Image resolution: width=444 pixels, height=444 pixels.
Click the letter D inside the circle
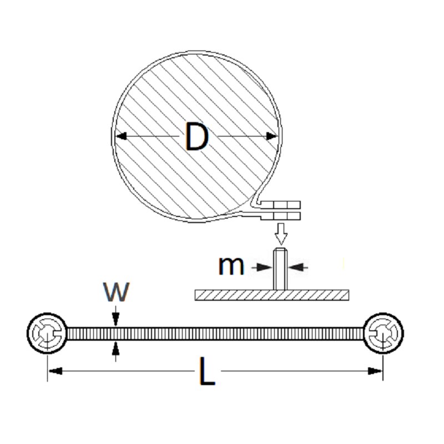(x=197, y=136)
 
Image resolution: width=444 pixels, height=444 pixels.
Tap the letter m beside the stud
(x=231, y=267)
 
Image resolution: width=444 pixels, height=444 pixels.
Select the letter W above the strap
(x=117, y=292)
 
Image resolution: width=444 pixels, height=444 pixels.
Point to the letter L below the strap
(x=207, y=371)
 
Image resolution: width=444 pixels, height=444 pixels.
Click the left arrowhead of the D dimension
(x=121, y=136)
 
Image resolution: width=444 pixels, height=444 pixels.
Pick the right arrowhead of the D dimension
(x=272, y=136)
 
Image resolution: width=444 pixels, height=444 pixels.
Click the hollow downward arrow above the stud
(x=281, y=234)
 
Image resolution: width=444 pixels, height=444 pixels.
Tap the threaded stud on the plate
(x=280, y=269)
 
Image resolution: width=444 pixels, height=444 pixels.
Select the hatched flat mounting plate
(x=272, y=295)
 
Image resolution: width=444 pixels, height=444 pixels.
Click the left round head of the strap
(x=47, y=334)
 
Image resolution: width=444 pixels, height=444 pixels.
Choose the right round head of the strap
(x=383, y=334)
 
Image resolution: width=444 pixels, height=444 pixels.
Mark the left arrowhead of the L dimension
(x=55, y=371)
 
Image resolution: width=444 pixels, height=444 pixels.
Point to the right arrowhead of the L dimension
(x=375, y=371)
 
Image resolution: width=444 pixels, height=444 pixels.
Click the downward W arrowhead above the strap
(x=115, y=320)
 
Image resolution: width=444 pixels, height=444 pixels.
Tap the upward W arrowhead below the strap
(x=115, y=349)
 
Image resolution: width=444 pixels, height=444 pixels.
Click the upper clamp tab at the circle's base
(x=280, y=205)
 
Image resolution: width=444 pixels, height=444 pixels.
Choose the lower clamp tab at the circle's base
(x=280, y=216)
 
